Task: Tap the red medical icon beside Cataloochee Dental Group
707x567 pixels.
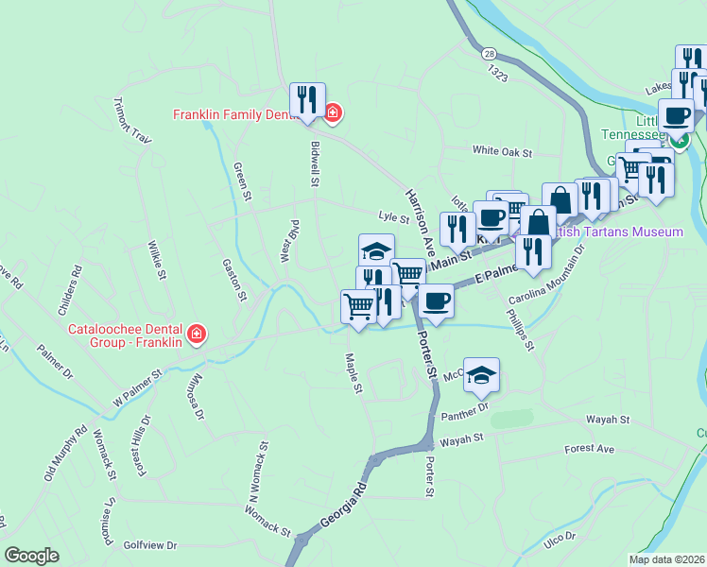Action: coord(197,334)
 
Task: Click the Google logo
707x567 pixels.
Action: coord(31,556)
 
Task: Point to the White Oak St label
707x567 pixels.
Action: coord(503,151)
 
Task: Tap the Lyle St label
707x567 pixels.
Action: coord(393,218)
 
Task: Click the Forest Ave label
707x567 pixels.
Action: coord(589,449)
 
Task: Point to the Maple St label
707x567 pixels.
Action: coord(353,373)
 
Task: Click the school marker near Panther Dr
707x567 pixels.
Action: coord(481,374)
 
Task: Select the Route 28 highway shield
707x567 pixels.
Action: coord(488,54)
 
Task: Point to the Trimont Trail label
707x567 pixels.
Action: coord(132,120)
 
